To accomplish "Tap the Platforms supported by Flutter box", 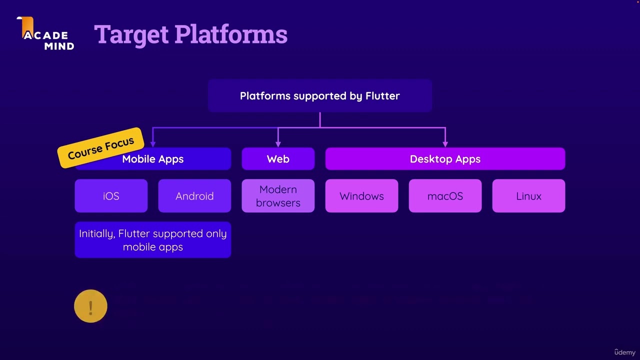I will click(x=319, y=95).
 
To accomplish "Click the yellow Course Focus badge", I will click(x=101, y=148).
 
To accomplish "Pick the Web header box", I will click(x=278, y=159).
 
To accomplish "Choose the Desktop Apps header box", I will click(x=445, y=159).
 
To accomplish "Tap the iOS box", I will click(x=111, y=196).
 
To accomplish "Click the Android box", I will click(x=194, y=196).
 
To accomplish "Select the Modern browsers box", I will click(x=278, y=196).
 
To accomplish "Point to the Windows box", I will click(x=361, y=196).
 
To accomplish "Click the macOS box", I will click(x=445, y=196).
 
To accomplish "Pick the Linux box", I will click(x=528, y=196).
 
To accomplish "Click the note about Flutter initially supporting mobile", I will click(x=152, y=240).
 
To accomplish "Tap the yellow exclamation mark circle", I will click(x=90, y=306).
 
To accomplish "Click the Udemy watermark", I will click(x=624, y=352).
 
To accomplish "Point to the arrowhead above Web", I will click(x=278, y=144).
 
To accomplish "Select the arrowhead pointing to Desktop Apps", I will click(x=445, y=144).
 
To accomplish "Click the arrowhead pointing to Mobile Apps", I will click(x=153, y=144).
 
